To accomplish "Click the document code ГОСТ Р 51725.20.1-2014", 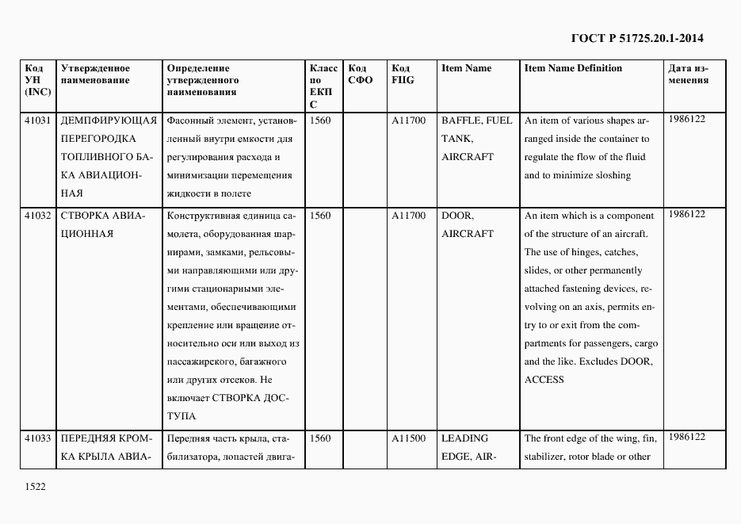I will (x=637, y=38).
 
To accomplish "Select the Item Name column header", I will (x=466, y=68).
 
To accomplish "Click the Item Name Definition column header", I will (x=573, y=68).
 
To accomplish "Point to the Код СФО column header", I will (x=361, y=75).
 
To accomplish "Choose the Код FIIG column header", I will (x=403, y=75).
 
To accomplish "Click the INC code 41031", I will (x=38, y=120).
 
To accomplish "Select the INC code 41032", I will (x=38, y=216).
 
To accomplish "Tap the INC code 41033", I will (x=38, y=438).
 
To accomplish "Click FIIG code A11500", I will (x=408, y=438).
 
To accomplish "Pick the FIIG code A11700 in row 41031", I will (x=408, y=120).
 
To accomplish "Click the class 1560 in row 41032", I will (x=320, y=216).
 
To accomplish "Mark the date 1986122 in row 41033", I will (x=686, y=437).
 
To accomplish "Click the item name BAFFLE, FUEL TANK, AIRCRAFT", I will (x=476, y=139).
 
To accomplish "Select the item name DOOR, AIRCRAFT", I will (x=467, y=224).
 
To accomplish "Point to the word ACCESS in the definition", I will (x=544, y=380).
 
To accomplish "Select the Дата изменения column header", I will (x=688, y=75).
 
